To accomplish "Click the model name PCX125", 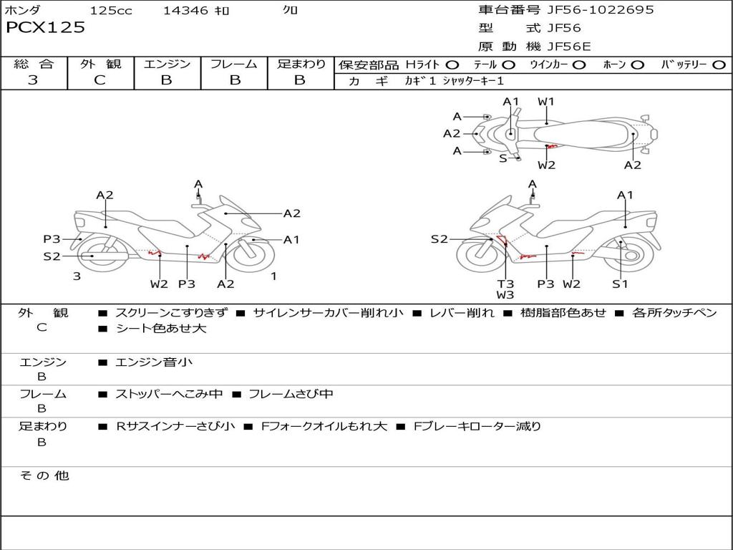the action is [45, 28].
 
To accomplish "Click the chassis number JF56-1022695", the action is [601, 9].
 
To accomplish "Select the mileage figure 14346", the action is [185, 10].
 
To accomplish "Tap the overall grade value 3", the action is [33, 80].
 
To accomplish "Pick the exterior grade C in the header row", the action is [100, 80].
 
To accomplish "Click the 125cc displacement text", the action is [111, 10].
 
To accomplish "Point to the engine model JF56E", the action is [569, 47].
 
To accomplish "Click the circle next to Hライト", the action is [452, 65].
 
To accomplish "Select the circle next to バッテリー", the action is [719, 65].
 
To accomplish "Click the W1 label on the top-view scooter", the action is [545, 102].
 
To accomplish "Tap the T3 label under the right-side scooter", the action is [505, 284].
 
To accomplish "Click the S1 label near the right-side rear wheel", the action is [620, 284].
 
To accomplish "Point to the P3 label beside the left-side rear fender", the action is [52, 239].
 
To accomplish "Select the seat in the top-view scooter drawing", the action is [582, 135].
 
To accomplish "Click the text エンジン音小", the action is [154, 362].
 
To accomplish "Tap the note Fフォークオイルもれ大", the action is [324, 427].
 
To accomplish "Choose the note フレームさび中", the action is [291, 395].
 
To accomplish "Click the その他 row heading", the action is [44, 476].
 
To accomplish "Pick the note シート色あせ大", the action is [161, 328].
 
